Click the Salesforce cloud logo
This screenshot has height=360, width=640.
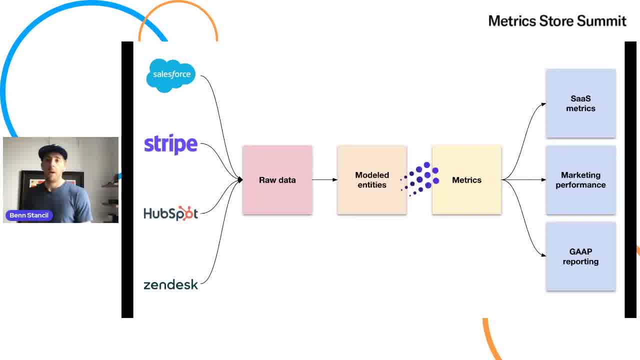coord(171,75)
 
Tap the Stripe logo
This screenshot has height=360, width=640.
coord(170,144)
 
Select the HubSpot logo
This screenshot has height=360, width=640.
coord(170,213)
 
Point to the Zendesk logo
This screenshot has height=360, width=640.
coord(170,284)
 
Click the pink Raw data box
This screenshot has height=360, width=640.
coord(277,180)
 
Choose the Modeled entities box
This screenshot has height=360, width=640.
coord(372,180)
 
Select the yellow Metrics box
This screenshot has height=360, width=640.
coord(467,180)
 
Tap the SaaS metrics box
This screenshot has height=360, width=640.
coord(580,103)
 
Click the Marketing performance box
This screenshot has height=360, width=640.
coord(580,180)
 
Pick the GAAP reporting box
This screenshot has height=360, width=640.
coord(580,256)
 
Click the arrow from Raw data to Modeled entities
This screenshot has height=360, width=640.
coord(325,179)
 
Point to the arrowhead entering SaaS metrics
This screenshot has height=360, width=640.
coord(543,104)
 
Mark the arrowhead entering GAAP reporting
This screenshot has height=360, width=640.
coord(543,255)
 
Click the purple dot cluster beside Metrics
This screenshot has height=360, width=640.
coord(419,179)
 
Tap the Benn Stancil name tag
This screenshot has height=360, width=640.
coord(29,215)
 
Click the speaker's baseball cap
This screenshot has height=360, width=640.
coord(53,151)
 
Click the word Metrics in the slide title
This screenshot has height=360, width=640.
coord(512,21)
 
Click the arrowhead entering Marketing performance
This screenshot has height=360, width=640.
coord(543,179)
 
